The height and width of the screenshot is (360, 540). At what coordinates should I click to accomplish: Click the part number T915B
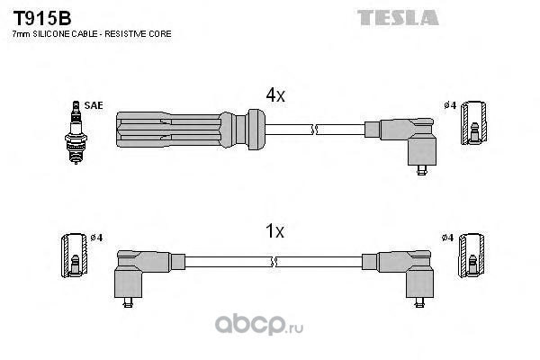[x=42, y=18]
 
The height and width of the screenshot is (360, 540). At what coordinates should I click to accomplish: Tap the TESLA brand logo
[x=398, y=18]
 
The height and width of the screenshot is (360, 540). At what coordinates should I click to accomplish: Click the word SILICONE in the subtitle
[x=50, y=34]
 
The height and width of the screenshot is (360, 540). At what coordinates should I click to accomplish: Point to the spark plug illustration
[x=76, y=132]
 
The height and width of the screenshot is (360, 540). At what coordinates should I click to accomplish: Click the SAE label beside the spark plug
[x=94, y=105]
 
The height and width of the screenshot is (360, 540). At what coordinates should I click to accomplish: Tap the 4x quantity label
[x=275, y=94]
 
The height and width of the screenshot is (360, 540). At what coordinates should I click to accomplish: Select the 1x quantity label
[x=274, y=230]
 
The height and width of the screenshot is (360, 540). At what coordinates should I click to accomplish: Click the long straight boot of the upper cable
[x=169, y=130]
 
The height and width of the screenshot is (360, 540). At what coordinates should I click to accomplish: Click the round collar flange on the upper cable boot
[x=256, y=130]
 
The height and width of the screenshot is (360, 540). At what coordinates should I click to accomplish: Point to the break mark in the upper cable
[x=313, y=130]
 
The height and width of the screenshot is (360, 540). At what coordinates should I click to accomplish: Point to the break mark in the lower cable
[x=274, y=262]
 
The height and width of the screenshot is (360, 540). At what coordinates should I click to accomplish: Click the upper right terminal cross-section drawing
[x=474, y=122]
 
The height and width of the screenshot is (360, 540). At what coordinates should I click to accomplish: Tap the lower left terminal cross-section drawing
[x=75, y=256]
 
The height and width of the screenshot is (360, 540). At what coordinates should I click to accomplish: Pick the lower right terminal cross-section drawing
[x=471, y=255]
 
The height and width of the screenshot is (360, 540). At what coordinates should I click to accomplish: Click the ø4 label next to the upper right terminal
[x=450, y=105]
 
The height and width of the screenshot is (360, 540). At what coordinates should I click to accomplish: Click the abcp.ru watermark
[x=259, y=325]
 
